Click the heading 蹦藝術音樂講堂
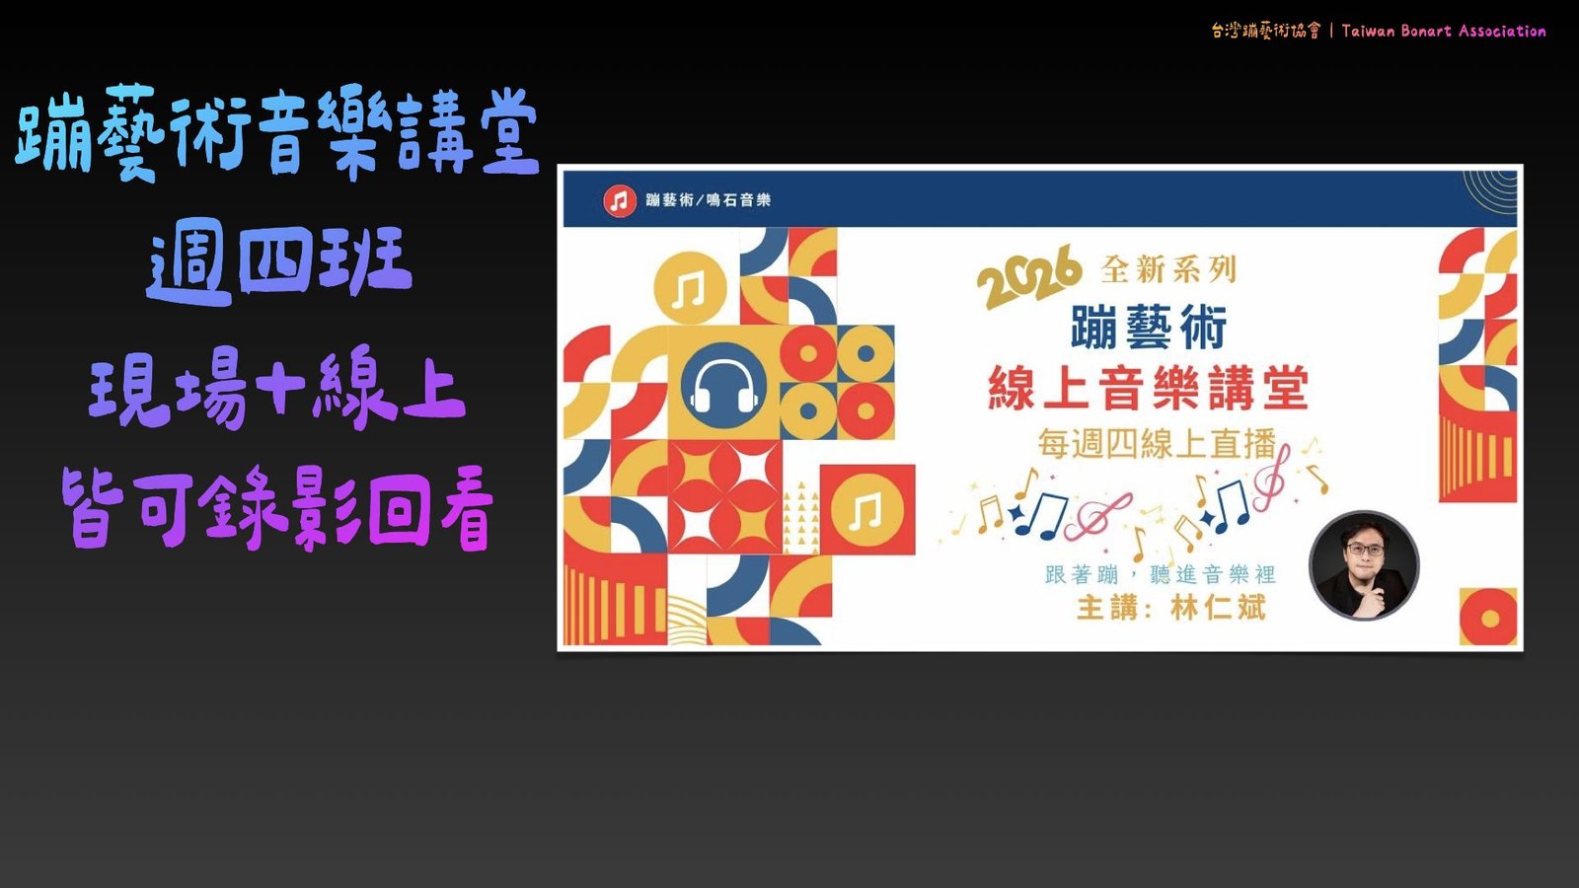(277, 132)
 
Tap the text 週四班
(279, 265)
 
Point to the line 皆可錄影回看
(277, 507)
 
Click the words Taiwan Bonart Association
(1444, 31)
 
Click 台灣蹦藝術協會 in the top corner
(1264, 31)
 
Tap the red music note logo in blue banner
(620, 201)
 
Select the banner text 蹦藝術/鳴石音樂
(708, 200)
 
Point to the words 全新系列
(1168, 269)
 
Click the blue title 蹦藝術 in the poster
(1149, 327)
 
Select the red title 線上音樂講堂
(1148, 388)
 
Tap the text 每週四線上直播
(1157, 444)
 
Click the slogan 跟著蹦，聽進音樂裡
(1161, 574)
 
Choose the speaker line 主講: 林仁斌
(1171, 608)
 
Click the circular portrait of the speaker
(1364, 566)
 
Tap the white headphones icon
(724, 386)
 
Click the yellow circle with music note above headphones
(690, 287)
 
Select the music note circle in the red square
(866, 510)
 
